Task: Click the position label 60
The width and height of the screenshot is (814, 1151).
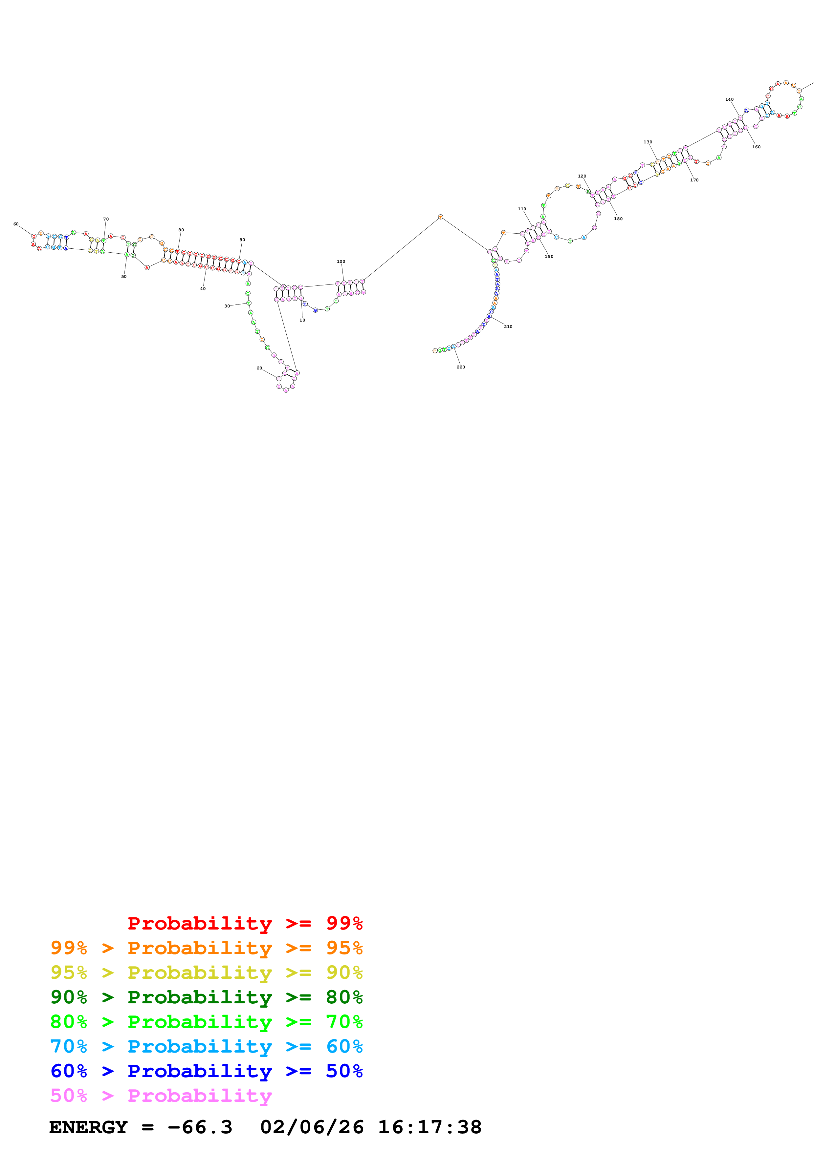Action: point(16,224)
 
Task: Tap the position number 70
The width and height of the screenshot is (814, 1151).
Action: point(106,219)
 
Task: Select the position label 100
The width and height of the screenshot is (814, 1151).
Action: point(341,261)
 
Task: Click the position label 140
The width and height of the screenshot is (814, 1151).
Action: point(729,99)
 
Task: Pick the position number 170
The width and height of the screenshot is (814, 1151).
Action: point(694,180)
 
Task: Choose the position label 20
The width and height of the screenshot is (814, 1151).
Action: point(259,368)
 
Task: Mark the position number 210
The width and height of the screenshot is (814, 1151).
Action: point(508,327)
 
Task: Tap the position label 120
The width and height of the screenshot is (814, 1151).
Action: point(582,176)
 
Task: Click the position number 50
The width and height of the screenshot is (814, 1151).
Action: point(124,277)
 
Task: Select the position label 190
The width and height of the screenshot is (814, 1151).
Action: point(549,257)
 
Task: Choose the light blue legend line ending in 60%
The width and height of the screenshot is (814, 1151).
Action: point(206,1046)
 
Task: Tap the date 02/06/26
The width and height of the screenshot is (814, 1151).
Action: point(312,1127)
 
